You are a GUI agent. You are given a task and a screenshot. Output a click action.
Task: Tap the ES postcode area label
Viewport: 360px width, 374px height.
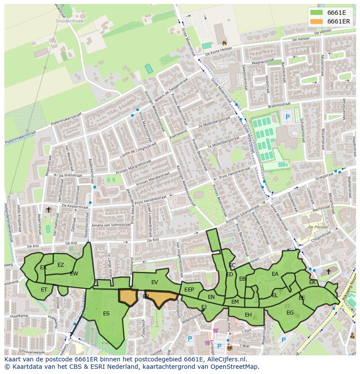tap(107, 313)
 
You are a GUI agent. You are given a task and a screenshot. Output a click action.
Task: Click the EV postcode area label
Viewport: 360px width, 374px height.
tap(155, 282)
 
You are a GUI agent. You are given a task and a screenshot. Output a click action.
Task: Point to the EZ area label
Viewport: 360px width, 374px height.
tap(60, 265)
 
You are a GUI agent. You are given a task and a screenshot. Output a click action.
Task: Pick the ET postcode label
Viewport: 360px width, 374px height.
tap(44, 289)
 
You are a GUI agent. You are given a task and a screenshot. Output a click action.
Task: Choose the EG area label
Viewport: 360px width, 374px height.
tap(290, 312)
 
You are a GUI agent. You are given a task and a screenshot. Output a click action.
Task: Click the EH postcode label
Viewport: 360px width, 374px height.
tap(248, 315)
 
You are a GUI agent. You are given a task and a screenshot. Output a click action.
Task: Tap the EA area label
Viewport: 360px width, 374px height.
tap(275, 274)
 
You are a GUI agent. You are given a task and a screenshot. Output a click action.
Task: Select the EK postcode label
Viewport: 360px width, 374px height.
tap(312, 282)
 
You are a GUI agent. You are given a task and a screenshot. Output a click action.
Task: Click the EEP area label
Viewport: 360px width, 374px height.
tap(189, 290)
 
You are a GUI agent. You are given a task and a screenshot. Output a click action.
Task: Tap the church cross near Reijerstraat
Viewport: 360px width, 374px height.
tap(49, 210)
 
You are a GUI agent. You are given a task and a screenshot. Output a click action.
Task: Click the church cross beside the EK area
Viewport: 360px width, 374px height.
tap(328, 272)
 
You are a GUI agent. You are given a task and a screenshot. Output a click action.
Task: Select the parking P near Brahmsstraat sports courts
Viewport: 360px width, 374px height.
tap(287, 117)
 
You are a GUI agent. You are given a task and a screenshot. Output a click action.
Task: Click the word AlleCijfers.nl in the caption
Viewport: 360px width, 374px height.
tap(226, 359)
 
